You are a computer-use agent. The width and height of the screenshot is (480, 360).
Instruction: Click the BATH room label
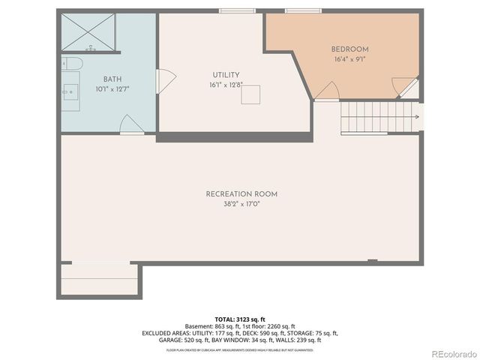coord(112,79)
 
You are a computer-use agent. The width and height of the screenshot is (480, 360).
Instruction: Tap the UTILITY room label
coord(226,75)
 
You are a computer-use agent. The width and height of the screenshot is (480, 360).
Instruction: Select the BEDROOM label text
coord(351,49)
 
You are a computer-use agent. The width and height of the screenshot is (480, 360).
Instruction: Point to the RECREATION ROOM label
coord(236,194)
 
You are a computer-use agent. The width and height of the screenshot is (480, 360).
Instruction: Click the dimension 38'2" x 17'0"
coord(236,203)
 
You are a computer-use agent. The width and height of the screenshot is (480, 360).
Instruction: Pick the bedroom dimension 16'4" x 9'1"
coord(351,59)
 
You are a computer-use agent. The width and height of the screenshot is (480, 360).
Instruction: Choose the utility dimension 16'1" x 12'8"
coord(226,85)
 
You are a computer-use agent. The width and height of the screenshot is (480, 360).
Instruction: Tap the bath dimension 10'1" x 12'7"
coord(112,89)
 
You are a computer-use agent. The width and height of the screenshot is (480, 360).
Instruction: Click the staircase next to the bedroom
coord(379,116)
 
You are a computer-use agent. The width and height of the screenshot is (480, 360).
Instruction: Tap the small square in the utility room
coord(250,94)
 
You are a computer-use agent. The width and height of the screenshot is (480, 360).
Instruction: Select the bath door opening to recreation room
coord(131,124)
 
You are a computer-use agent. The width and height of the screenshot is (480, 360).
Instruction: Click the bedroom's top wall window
coord(303,10)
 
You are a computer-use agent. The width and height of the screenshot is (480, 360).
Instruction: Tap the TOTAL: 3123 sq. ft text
coord(240,319)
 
